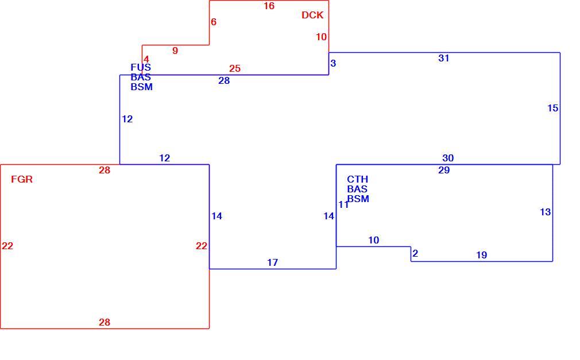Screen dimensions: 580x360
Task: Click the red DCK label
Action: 312,15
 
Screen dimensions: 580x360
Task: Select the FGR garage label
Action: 22,180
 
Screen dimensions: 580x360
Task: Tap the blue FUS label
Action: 141,67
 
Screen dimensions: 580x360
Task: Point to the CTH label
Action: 357,180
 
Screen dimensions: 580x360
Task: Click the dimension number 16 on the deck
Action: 269,6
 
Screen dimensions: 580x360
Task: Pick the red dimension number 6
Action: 214,22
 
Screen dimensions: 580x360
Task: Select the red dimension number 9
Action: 175,51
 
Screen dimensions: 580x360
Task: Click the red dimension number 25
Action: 234,68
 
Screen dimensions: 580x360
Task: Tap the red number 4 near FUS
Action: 146,59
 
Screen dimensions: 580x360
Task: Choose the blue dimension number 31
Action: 443,58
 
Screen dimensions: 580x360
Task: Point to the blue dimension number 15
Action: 552,108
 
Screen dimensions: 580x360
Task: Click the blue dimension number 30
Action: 448,158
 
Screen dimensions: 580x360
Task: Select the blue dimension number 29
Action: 444,170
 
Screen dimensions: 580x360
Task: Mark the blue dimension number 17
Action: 272,263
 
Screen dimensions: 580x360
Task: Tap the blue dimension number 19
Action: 481,256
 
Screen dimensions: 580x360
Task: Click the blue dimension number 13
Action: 545,212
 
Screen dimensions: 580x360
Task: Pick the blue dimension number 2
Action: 415,253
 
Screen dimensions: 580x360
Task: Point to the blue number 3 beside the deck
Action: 333,64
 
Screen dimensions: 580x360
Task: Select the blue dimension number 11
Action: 343,204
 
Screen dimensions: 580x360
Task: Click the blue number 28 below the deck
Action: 224,80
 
